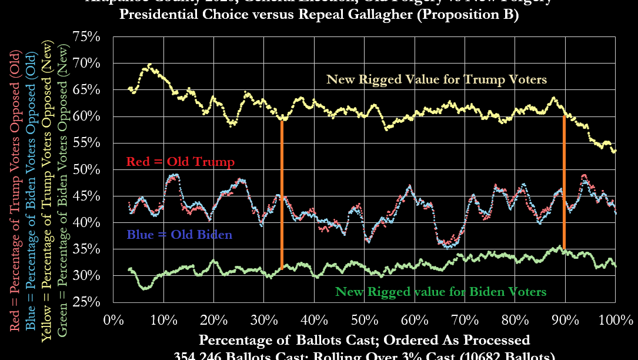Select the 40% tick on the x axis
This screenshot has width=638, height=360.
314,321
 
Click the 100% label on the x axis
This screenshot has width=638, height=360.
616,321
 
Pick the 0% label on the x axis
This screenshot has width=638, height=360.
113,321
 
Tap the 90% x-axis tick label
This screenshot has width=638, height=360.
565,321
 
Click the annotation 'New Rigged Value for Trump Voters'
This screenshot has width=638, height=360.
437,79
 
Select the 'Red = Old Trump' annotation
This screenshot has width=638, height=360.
181,162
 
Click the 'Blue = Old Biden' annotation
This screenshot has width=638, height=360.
179,235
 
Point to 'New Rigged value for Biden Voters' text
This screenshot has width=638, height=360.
440,291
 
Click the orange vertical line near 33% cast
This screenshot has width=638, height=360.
282,194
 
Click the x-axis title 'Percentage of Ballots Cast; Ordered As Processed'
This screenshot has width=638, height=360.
364,340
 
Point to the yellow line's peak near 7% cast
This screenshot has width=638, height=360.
149,65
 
